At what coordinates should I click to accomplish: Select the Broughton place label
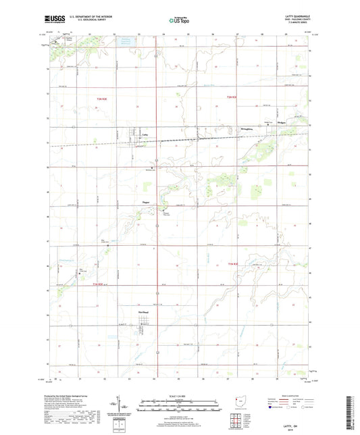point(245,128)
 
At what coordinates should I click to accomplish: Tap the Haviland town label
point(143,312)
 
